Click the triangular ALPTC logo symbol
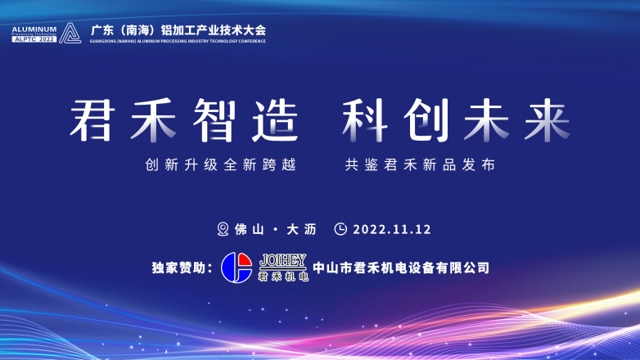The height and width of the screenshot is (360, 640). coord(70,33)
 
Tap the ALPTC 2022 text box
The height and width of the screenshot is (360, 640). coord(34,39)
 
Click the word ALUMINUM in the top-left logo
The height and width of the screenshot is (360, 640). coord(34,29)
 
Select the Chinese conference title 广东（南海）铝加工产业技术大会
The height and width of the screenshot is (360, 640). coord(178,30)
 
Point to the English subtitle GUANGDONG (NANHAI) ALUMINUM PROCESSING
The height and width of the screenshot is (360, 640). coord(178,41)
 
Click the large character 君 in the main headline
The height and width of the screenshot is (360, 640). coord(92,120)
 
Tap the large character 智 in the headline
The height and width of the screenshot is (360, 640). coord(214,120)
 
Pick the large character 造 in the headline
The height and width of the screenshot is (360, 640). coord(275,120)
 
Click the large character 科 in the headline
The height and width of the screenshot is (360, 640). coord(365,120)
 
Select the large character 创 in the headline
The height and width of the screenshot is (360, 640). coord(426,120)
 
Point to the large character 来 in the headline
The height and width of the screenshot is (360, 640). coord(547,120)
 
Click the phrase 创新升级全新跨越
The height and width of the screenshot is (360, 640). coord(220,165)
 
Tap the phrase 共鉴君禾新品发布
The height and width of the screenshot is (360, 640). coord(421,165)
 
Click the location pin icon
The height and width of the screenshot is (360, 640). coord(223,229)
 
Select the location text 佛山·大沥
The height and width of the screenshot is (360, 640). coord(276,229)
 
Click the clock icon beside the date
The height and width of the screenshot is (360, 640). coord(340,229)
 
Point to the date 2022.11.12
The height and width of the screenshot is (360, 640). coord(392,229)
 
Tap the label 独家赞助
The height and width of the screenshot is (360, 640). coord(182,268)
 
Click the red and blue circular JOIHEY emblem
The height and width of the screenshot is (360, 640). coord(237,268)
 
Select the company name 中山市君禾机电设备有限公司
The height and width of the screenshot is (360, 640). coord(401,268)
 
